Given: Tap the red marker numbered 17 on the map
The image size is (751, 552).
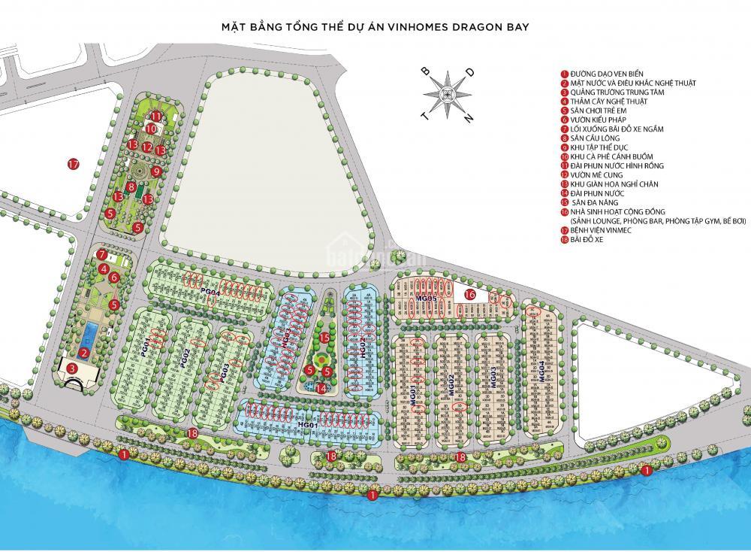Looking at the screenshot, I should (x=73, y=164).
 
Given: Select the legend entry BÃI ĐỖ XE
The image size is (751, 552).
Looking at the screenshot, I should (x=590, y=240).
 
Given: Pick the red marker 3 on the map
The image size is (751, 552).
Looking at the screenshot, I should (x=72, y=368).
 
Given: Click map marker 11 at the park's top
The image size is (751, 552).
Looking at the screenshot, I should (x=155, y=117).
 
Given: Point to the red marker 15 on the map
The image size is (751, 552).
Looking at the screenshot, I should (x=324, y=338).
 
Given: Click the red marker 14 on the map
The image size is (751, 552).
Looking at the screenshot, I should (x=321, y=389).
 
